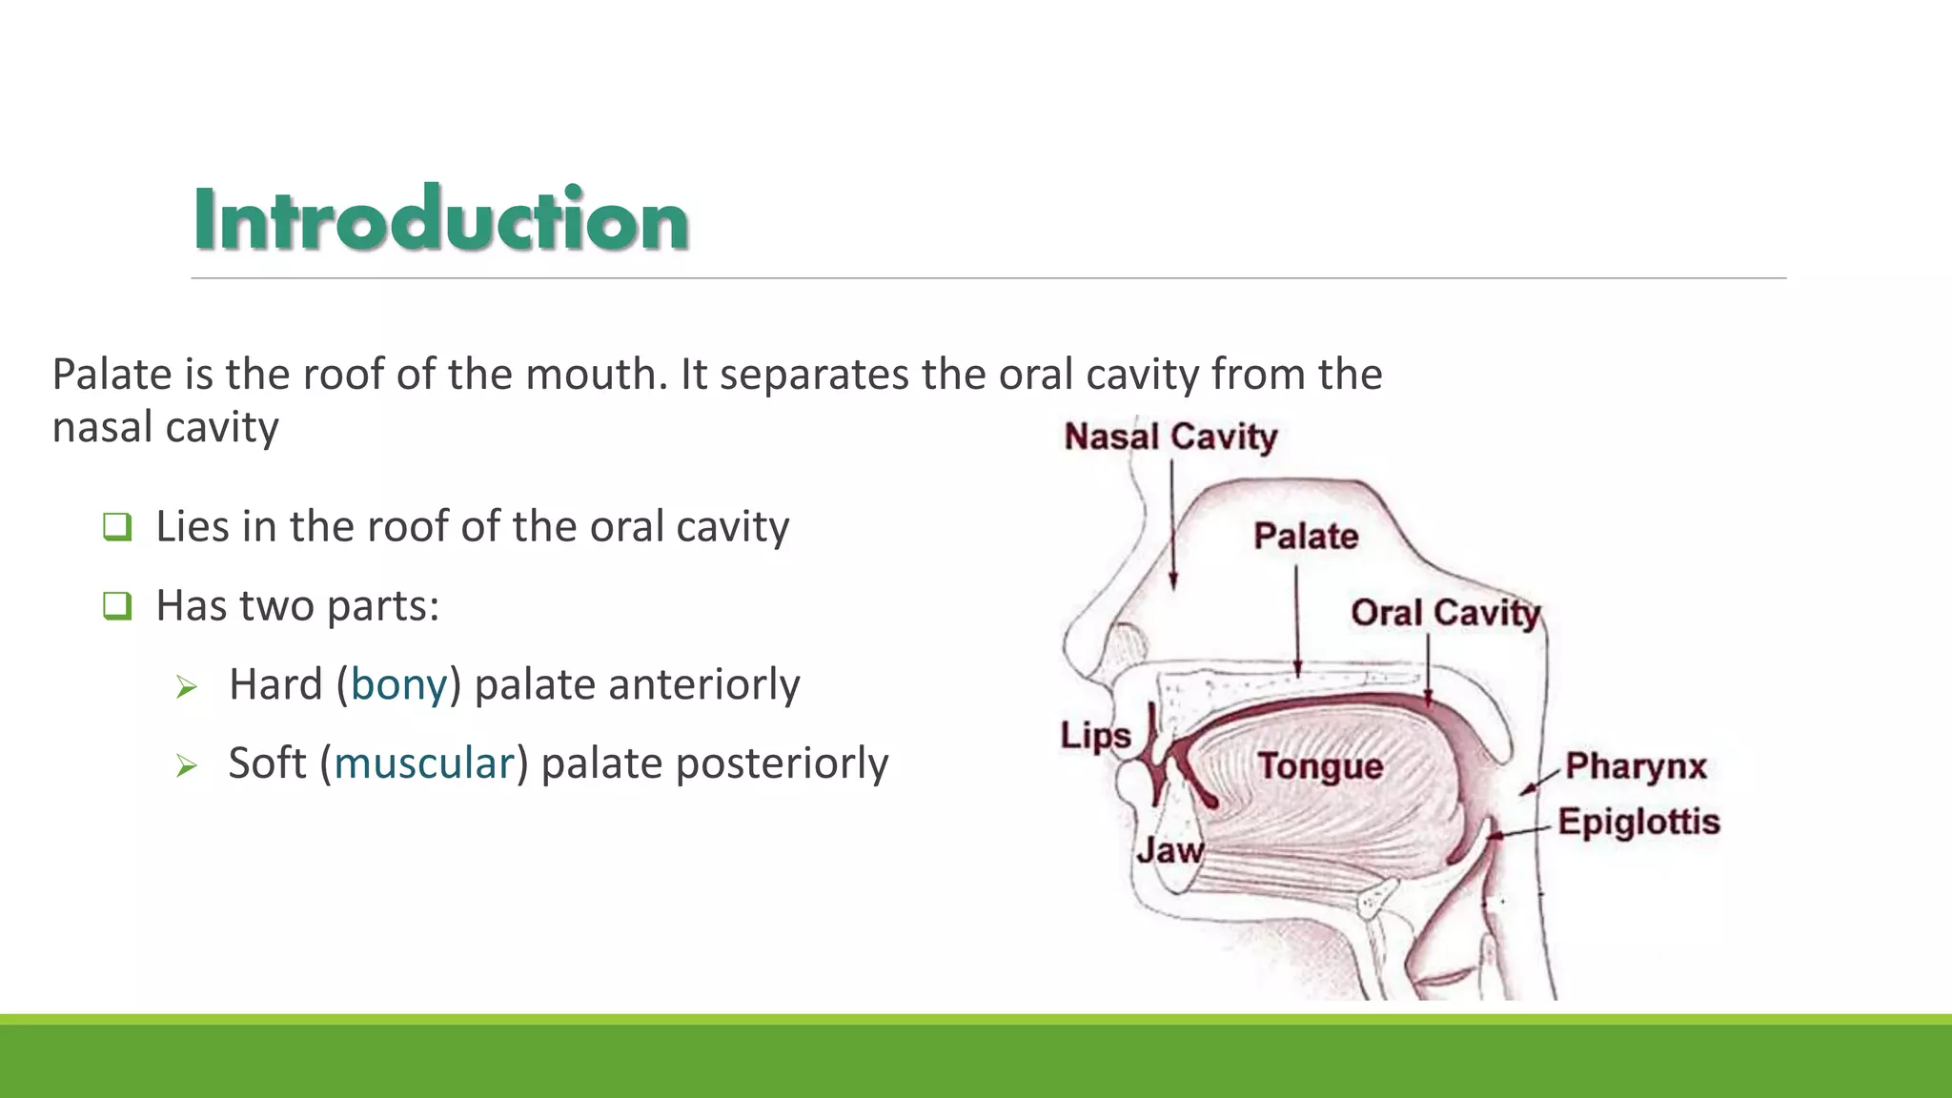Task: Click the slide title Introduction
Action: coord(440,219)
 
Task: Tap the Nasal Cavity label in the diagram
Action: coord(1170,437)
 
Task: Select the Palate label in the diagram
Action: coord(1306,536)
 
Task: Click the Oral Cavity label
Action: coord(1445,612)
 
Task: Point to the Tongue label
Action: coord(1320,765)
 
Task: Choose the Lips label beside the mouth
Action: coord(1096,736)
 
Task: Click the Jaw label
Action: coord(1169,849)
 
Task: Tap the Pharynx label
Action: coord(1636,765)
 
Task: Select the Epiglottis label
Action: coord(1638,822)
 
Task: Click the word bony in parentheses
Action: coord(398,684)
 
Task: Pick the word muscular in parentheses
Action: coord(424,763)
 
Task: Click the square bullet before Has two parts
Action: coord(117,606)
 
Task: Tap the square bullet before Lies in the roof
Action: coord(117,527)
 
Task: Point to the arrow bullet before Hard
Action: coord(187,687)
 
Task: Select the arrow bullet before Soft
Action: coord(187,766)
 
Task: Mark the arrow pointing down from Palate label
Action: coord(1297,620)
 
